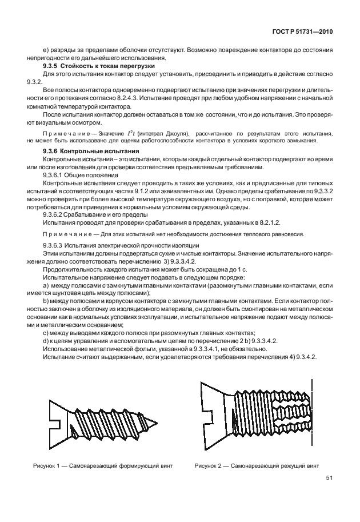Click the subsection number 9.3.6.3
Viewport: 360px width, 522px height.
55,245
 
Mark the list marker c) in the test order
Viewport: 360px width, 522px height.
46,333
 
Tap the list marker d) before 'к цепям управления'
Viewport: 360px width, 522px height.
46,341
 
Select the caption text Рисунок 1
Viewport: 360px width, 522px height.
47,465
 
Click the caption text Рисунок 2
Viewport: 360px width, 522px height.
210,465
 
